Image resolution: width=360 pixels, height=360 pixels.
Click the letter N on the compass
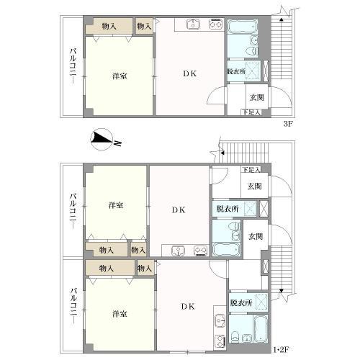(x=117, y=143)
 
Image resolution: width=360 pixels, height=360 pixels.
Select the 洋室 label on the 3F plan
(x=120, y=76)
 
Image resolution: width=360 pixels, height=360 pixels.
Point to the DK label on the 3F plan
(x=190, y=73)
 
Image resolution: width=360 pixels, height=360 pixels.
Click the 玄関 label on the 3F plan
(x=257, y=98)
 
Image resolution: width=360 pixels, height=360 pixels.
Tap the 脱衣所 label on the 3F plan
(x=236, y=71)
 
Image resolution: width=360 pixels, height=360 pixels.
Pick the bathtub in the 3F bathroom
(x=243, y=27)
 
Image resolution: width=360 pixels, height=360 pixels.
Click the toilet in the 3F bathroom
(x=252, y=51)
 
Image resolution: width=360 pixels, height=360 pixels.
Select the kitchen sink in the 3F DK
(x=193, y=24)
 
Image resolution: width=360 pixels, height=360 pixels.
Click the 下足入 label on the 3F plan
(x=251, y=112)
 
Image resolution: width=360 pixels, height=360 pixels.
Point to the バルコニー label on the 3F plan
(x=73, y=66)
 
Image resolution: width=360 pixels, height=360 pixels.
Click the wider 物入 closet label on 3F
(x=109, y=27)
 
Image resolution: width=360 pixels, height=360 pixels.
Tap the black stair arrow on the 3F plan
(x=282, y=19)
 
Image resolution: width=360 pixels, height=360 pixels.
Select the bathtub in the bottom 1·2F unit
(x=261, y=328)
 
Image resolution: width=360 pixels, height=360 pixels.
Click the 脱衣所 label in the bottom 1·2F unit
(x=241, y=303)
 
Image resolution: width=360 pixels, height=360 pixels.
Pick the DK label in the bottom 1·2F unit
(x=188, y=306)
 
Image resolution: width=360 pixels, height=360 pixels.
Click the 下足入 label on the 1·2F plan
(x=251, y=170)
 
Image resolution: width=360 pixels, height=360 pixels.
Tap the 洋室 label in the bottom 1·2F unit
(x=120, y=314)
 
